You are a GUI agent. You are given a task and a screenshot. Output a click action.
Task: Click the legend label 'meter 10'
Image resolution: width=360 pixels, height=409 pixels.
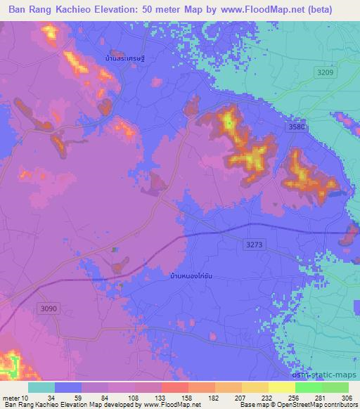point(15,396)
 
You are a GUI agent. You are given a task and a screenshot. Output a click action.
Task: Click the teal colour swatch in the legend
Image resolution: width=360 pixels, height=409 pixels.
point(41,387)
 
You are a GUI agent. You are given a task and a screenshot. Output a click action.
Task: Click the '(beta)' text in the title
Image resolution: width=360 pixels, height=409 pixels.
point(333,10)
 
